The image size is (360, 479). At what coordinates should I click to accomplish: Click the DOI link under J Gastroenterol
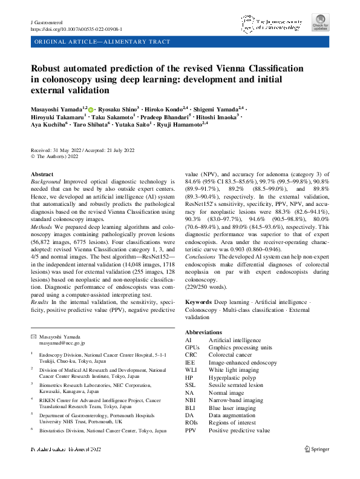point(76,29)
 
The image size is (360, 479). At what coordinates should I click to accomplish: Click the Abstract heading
point(41,174)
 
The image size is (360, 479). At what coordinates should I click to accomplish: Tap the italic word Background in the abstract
point(45,182)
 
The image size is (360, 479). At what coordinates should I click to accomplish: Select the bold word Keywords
point(198,301)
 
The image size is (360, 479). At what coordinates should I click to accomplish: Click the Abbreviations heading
point(205,332)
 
